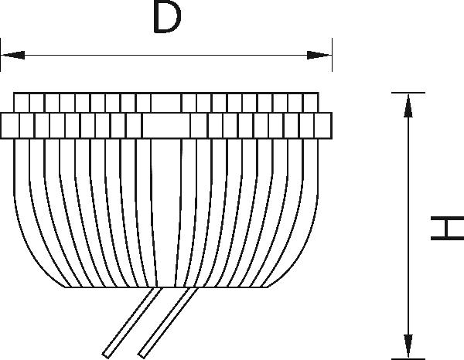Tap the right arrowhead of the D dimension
[319, 55]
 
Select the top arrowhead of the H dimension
[407, 104]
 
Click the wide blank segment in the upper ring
[165, 103]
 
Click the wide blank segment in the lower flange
[166, 124]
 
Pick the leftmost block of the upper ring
[21, 103]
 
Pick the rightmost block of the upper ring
[311, 103]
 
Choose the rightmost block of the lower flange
[324, 124]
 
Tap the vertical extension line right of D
[332, 54]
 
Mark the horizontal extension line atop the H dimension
[408, 92]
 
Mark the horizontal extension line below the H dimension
[408, 358]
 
